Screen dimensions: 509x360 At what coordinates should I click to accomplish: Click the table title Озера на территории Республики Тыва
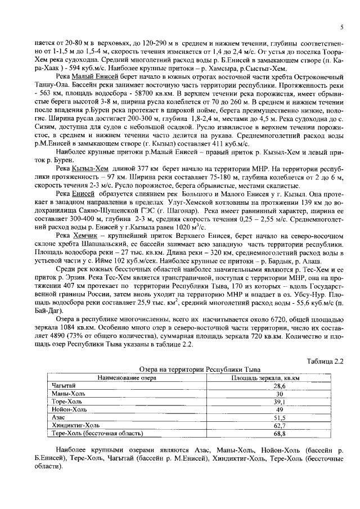click(199, 370)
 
